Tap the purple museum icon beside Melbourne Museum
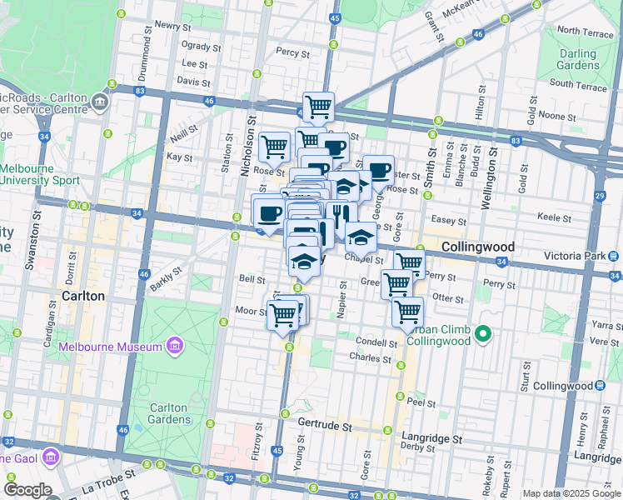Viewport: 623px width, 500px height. [x=174, y=345]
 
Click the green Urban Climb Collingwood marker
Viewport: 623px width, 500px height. [x=481, y=336]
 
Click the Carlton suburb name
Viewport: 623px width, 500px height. [x=83, y=296]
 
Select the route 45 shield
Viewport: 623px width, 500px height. [x=334, y=17]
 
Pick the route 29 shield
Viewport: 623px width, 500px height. [x=599, y=195]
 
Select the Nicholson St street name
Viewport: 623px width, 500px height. [x=247, y=146]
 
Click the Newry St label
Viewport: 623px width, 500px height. [x=172, y=26]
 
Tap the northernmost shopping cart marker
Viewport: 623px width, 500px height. [x=318, y=107]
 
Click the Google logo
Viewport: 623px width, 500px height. [x=27, y=490]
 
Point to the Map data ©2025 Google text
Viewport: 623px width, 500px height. [x=571, y=493]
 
